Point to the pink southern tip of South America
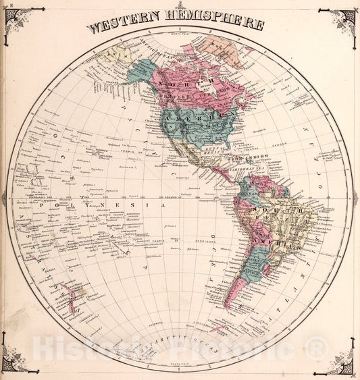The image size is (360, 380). coord(233,290)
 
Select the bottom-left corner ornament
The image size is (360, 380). coord(15,361)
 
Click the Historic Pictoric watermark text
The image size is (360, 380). coord(180,349)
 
